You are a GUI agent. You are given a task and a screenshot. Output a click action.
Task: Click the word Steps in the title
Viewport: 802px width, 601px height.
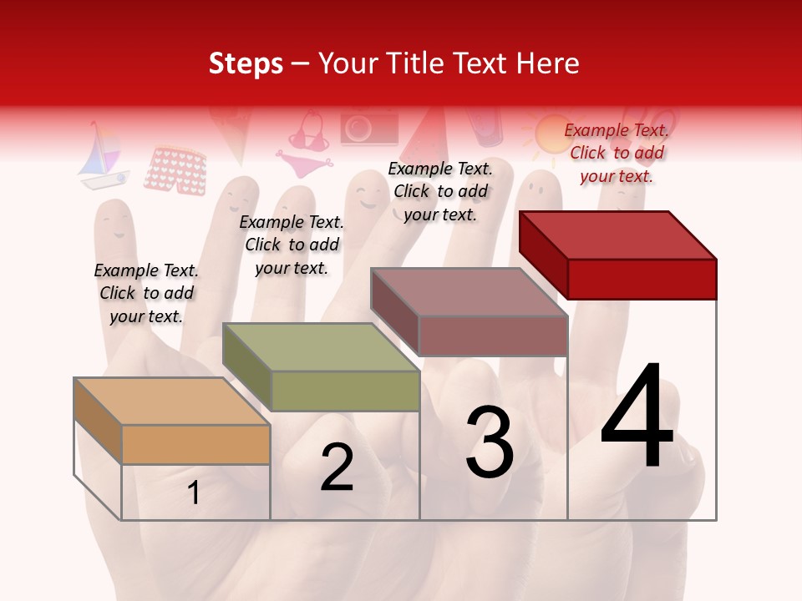[x=245, y=63]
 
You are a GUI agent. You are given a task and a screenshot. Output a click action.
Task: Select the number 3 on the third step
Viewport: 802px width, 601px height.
[x=489, y=442]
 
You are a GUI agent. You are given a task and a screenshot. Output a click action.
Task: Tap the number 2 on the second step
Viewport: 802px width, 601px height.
[x=337, y=467]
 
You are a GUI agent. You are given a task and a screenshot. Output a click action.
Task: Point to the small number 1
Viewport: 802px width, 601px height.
[x=194, y=492]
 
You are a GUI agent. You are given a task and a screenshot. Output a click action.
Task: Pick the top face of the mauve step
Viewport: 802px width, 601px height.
[x=469, y=292]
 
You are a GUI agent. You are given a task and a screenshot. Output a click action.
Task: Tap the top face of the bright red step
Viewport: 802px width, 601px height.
[x=617, y=235]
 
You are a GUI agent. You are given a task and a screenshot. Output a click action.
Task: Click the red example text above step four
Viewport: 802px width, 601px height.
[x=617, y=153]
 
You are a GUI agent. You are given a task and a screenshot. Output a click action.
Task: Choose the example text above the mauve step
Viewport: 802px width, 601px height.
[x=440, y=191]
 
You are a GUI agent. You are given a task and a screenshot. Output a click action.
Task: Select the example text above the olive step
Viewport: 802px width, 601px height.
[x=292, y=245]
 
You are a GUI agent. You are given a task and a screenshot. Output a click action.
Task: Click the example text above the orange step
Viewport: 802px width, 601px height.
[x=146, y=293]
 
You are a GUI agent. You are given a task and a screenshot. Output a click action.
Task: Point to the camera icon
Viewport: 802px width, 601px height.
[x=368, y=129]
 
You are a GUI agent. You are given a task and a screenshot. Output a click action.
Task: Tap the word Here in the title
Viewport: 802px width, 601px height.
[x=549, y=63]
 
